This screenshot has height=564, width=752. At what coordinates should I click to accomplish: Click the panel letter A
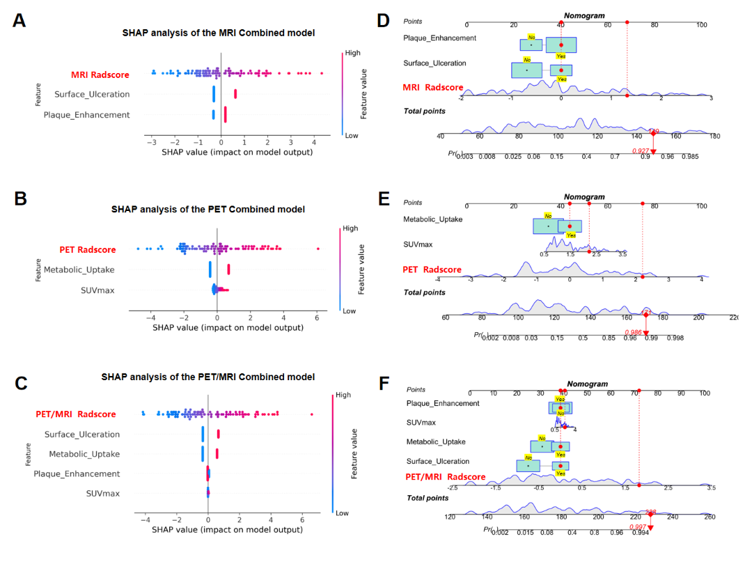[19, 21]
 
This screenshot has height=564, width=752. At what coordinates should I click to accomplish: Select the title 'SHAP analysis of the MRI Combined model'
[219, 33]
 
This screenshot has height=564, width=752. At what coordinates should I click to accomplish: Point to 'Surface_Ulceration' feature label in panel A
[91, 94]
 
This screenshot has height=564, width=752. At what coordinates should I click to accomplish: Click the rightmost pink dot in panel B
[318, 249]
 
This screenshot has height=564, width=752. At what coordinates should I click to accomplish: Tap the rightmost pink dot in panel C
[312, 414]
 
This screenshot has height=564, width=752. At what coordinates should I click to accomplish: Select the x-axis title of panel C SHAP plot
[227, 530]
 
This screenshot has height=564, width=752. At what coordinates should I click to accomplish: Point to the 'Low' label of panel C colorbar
[343, 512]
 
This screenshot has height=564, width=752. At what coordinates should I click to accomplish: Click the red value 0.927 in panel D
[641, 150]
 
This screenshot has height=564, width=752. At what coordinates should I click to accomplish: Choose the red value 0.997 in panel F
[639, 527]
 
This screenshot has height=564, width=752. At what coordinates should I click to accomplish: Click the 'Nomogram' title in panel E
[584, 197]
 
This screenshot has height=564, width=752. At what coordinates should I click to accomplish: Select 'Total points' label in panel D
[425, 111]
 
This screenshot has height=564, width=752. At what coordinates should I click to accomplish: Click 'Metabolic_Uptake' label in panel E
[433, 219]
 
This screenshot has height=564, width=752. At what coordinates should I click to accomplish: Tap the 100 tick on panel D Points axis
[701, 24]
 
